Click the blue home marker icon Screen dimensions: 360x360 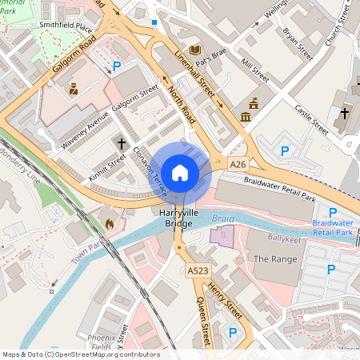click(180, 173)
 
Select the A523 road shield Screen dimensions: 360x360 click(198, 272)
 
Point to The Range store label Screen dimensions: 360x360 click(275, 259)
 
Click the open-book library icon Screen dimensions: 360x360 click(195, 50)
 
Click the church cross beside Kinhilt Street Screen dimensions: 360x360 click(122, 144)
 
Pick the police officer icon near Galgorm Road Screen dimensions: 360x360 click(74, 88)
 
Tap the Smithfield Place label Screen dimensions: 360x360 click(67, 26)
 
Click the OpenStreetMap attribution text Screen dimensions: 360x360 click(81, 354)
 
